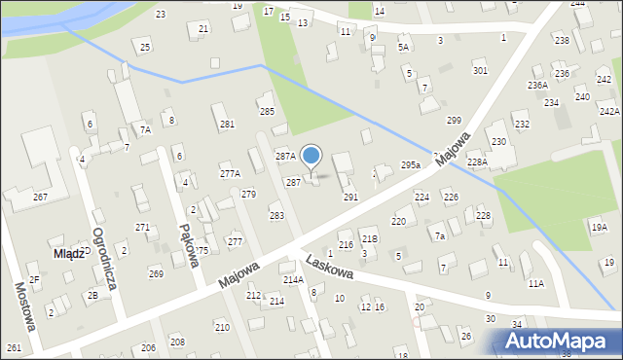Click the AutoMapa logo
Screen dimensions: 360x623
558,342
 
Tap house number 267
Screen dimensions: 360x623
41,197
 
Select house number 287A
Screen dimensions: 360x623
285,156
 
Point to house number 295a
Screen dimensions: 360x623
410,165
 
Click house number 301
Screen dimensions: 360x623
480,71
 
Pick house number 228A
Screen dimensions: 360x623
476,162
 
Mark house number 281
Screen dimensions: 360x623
228,124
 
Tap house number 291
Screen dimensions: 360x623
350,197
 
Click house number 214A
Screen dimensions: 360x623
293,280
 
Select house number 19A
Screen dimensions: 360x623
600,228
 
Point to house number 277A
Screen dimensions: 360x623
230,173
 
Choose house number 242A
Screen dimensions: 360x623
609,112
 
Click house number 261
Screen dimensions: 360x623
14,347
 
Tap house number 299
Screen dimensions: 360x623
454,120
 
